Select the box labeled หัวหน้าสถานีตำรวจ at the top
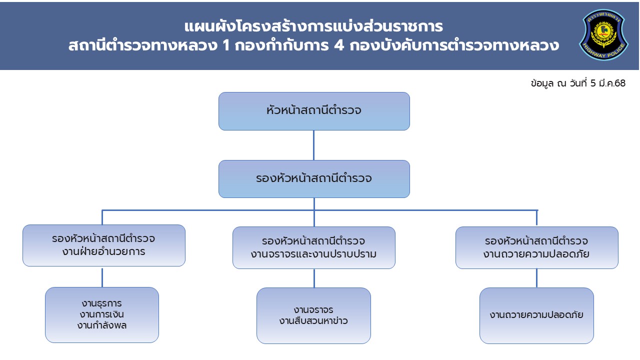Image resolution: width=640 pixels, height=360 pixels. (x=314, y=111)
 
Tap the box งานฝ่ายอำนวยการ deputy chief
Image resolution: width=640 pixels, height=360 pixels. (x=104, y=245)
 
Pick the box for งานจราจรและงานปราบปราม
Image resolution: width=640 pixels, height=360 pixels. (x=314, y=247)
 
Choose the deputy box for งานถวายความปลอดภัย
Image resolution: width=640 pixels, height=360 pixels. (x=536, y=247)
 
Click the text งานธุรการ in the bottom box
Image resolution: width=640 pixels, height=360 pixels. (x=102, y=303)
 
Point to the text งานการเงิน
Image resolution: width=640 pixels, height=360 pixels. (x=102, y=314)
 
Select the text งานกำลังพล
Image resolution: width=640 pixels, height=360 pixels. (x=102, y=325)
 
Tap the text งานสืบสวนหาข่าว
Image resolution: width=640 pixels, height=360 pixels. (x=313, y=321)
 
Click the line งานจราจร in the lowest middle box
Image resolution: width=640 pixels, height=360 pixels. (x=313, y=310)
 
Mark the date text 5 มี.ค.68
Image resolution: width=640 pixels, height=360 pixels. (x=607, y=83)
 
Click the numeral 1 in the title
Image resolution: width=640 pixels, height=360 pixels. (x=217, y=46)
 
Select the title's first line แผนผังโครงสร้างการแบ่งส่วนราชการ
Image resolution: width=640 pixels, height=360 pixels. (x=313, y=26)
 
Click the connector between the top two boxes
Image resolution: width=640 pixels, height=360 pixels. (x=313, y=145)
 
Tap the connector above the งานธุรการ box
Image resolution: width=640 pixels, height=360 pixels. (x=102, y=277)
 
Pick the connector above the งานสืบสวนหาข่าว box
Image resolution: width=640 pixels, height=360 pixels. (x=314, y=278)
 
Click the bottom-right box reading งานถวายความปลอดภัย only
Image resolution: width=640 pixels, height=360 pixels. (x=536, y=315)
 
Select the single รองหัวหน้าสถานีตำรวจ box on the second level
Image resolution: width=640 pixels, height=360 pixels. (x=314, y=178)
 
